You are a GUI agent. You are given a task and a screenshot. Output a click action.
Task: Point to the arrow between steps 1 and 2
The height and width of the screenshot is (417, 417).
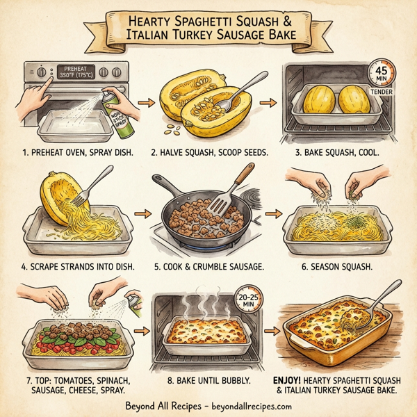point(146,104)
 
